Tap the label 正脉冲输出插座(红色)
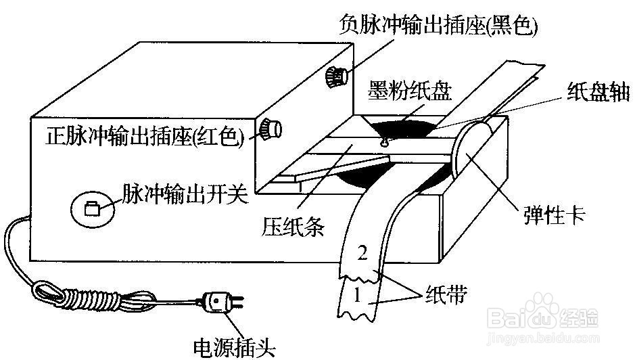[x=145, y=136]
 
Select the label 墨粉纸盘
[x=409, y=91]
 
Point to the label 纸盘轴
[x=598, y=91]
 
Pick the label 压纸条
[x=293, y=226]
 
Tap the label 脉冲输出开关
[x=185, y=194]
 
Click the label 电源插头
[x=235, y=347]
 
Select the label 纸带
[x=446, y=295]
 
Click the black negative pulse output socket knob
[x=336, y=76]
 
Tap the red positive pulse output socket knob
[x=271, y=129]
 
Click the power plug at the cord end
[x=220, y=303]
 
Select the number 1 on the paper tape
[x=357, y=295]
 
